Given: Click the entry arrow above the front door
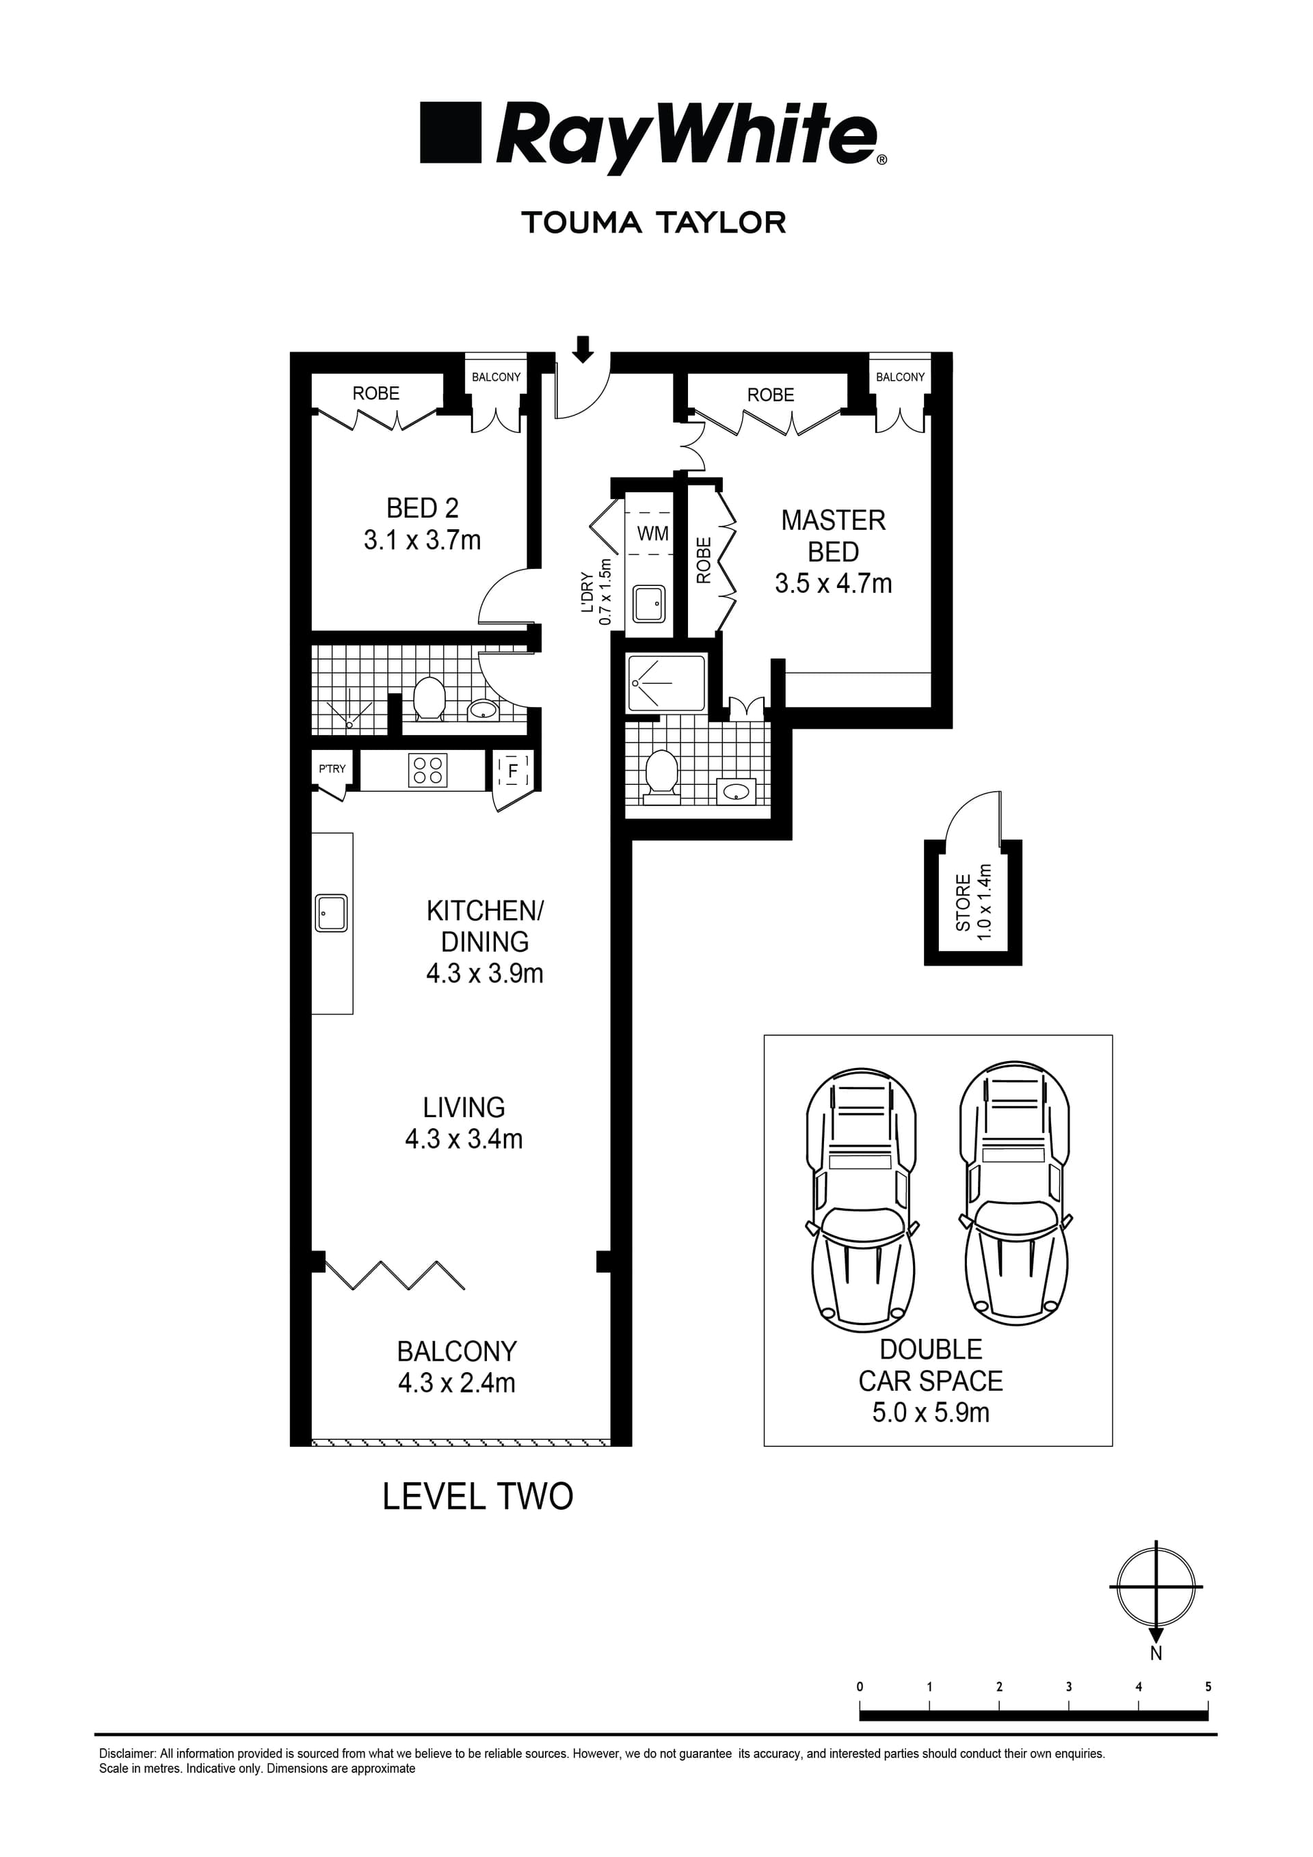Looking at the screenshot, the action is pos(583,349).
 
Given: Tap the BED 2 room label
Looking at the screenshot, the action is pos(423,508).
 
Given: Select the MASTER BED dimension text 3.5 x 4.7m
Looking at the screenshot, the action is pos(833,583).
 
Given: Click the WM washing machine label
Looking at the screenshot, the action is pos(653,534).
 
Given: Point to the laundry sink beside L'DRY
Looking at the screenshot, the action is pos(649,603).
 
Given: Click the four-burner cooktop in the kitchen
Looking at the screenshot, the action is pos(427,770).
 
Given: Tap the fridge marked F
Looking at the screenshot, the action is pos(513,771).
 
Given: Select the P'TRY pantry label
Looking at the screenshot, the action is pos(332,769).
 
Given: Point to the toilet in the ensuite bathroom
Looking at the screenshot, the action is pos(662,777).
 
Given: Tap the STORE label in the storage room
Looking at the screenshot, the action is pos(963,903).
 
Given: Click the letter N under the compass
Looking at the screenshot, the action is pos(1156,1654).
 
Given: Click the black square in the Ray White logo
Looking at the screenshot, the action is pos(451,133).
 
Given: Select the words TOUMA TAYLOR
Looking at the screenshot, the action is pos(654,222).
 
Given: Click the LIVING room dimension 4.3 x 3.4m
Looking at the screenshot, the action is pos(464,1139).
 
